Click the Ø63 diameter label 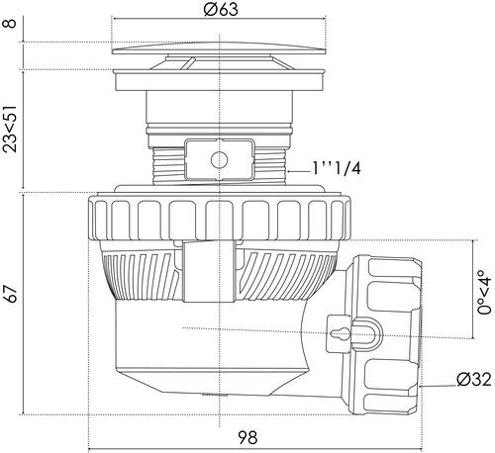click(x=221, y=9)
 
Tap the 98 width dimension click(x=247, y=438)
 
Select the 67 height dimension click(x=12, y=294)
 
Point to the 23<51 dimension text click(x=10, y=129)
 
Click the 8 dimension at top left click(x=11, y=24)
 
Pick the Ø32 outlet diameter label click(x=474, y=380)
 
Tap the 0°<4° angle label click(x=485, y=292)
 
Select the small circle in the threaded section click(x=219, y=160)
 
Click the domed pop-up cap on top click(x=219, y=48)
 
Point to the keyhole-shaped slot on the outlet click(x=338, y=334)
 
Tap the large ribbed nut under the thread click(x=219, y=217)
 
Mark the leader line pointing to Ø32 click(x=438, y=385)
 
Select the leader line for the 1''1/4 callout click(x=299, y=171)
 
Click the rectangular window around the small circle click(x=219, y=160)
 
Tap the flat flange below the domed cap click(x=219, y=79)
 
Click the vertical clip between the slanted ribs click(x=209, y=271)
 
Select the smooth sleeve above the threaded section click(x=219, y=108)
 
